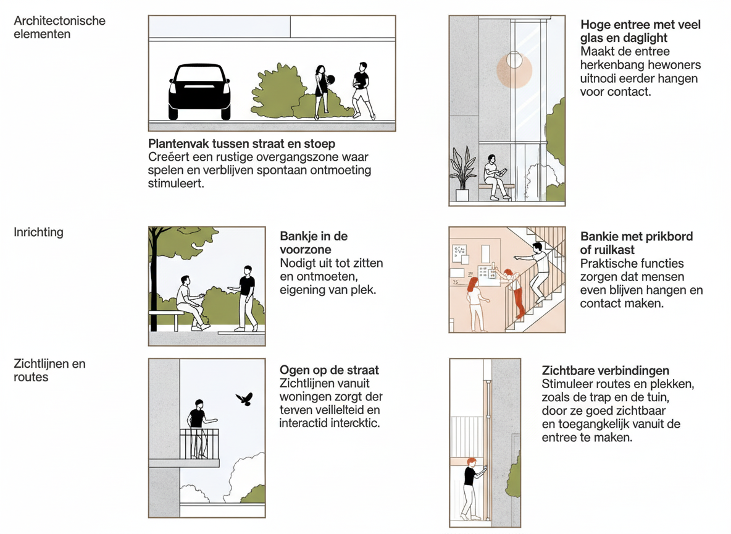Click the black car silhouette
pos(199,91)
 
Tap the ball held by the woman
pos(330,80)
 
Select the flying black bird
pos(244,399)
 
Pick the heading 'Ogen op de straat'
pos(329,370)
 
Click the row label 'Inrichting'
pos(38,232)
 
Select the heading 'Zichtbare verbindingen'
pos(605,371)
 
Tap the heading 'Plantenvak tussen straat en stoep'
pos(241,144)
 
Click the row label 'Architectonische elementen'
pos(59,27)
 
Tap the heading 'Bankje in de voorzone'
pos(314,243)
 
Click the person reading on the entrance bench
pos(495,177)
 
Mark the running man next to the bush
pos(362,90)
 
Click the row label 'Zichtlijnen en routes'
pos(49,370)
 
